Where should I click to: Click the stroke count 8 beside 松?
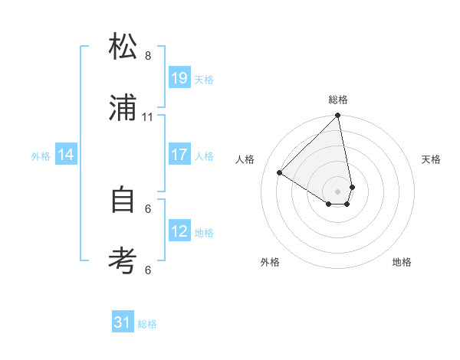tap(148, 56)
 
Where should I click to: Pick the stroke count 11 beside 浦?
tap(148, 117)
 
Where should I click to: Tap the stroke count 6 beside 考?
tap(148, 270)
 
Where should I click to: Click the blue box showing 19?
tap(179, 78)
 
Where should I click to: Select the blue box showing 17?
tap(179, 155)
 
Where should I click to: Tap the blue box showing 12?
tap(179, 231)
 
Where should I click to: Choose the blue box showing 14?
tap(66, 155)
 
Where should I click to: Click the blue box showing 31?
tap(123, 322)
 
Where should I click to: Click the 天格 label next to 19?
tap(204, 80)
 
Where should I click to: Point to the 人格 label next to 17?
tap(204, 156)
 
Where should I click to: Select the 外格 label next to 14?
tap(41, 156)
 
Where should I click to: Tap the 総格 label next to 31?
tap(147, 324)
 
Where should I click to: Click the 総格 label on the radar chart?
tap(338, 100)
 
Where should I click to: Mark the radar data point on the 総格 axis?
tap(337, 116)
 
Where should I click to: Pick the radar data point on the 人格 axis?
tap(280, 173)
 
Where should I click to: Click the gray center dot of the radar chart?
tap(337, 191)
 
